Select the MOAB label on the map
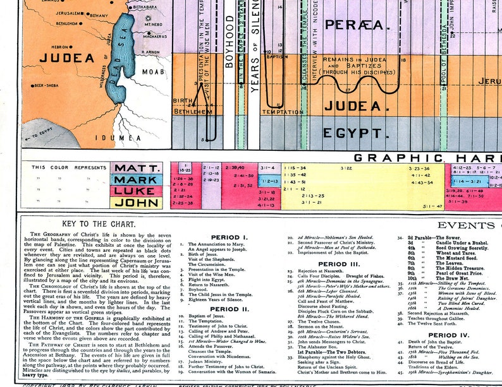click(x=153, y=71)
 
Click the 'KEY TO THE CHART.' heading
click(x=98, y=224)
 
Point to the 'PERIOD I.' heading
click(x=230, y=237)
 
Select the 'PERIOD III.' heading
click(x=338, y=264)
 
